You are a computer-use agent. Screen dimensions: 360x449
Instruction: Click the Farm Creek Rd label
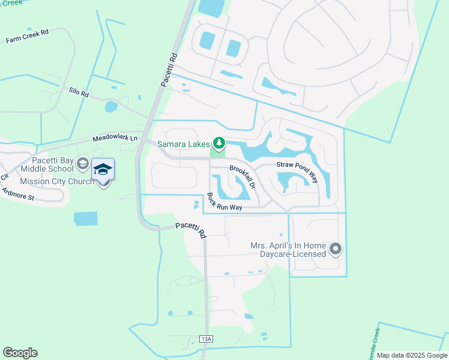coord(26,37)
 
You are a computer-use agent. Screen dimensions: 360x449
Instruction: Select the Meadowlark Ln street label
coord(115,138)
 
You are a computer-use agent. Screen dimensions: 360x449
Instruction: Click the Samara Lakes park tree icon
coord(219,143)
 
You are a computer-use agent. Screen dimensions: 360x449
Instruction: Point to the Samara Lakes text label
coord(184,144)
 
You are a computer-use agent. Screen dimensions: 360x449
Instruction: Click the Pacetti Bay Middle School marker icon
coord(83,164)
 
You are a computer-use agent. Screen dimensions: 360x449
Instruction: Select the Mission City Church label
coord(57,181)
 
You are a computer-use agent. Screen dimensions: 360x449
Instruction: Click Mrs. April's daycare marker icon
coord(336,248)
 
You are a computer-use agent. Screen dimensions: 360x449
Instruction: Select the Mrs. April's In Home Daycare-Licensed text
coord(289,250)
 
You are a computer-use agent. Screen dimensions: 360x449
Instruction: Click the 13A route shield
coord(206,339)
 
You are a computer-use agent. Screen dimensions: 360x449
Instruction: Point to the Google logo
coord(20,353)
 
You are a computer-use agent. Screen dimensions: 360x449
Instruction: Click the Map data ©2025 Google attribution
coord(412,355)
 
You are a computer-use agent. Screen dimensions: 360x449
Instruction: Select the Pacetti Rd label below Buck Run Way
coord(191,229)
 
